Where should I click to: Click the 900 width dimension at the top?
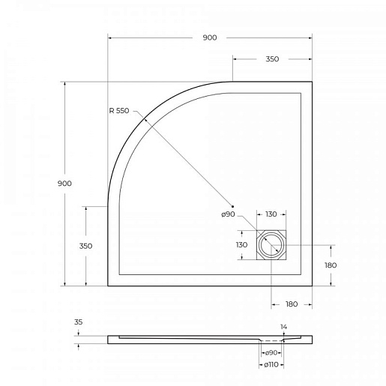point(210,37)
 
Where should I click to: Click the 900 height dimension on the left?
point(64,184)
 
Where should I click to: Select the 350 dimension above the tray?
point(272,59)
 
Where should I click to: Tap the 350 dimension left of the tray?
point(85,246)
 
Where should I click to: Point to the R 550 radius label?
point(119,111)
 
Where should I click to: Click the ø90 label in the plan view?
point(228,214)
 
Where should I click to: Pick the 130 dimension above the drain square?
point(271,214)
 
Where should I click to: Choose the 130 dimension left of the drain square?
point(241,245)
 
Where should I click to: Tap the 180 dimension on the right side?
point(331,265)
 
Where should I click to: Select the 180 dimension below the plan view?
point(292,304)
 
